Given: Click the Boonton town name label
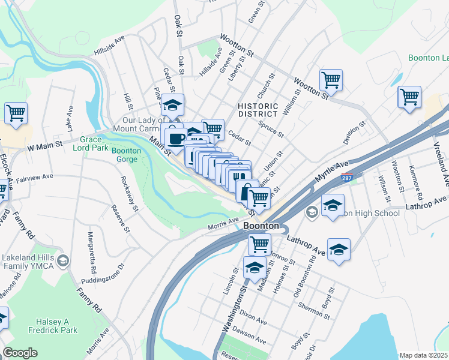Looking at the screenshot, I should (261, 226).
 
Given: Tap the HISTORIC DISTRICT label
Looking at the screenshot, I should (258, 109).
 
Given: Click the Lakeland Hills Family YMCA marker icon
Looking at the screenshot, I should (64, 260).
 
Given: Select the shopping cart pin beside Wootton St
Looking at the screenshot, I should (331, 79).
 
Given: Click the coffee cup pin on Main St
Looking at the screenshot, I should (176, 139).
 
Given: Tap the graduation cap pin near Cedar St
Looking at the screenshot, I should (172, 104).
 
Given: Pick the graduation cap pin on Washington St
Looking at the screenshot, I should (255, 267).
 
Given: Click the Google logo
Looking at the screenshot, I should (20, 352).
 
